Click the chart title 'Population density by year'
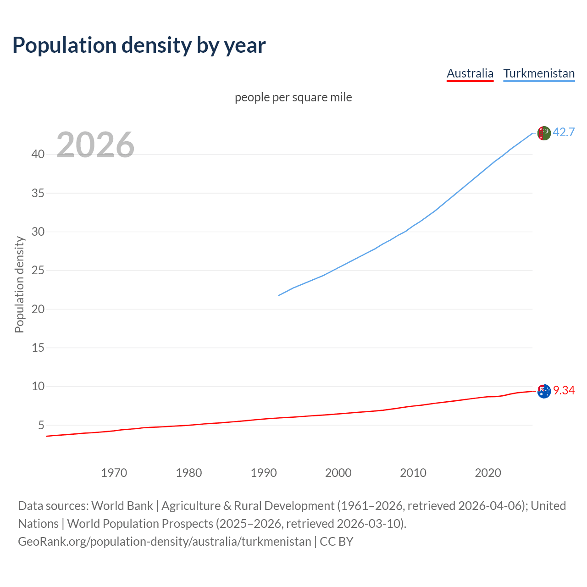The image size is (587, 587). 139,45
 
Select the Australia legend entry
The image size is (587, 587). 470,73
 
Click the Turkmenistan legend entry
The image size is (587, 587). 539,73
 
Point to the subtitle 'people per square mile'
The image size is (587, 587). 293,97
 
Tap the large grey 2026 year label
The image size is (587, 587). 95,145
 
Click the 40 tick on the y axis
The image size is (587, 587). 38,155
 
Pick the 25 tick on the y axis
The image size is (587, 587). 38,271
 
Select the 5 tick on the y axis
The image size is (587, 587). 41,425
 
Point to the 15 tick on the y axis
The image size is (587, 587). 38,348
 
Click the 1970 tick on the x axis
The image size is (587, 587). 114,473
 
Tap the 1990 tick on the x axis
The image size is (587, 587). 264,473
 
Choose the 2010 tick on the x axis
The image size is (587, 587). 413,473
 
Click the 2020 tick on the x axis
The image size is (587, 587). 488,473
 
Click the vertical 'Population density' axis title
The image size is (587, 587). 19,284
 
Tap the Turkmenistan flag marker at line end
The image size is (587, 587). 544,133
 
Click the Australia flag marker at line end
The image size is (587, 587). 544,391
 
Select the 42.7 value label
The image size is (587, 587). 564,132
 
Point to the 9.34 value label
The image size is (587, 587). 564,390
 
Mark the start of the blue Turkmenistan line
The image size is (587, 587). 279,295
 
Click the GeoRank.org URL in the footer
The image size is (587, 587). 165,542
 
